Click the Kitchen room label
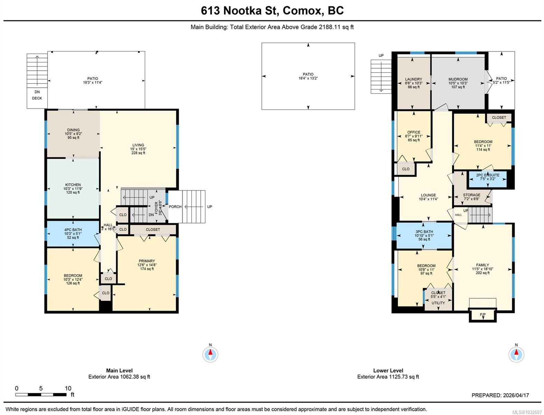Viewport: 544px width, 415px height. click(x=73, y=185)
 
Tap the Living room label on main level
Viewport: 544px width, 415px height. click(x=138, y=145)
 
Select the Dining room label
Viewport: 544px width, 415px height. click(x=73, y=130)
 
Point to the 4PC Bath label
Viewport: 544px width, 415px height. click(x=73, y=230)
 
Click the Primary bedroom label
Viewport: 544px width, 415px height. click(x=147, y=261)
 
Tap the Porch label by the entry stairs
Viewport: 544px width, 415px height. click(x=175, y=207)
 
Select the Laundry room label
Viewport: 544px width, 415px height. click(x=413, y=79)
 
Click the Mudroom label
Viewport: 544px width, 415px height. click(x=458, y=79)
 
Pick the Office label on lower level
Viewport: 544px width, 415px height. click(x=414, y=132)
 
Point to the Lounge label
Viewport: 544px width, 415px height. click(x=428, y=195)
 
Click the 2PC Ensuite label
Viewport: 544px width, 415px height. click(x=488, y=175)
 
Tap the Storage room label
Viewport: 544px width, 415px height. click(x=471, y=195)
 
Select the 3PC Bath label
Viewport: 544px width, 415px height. click(x=424, y=232)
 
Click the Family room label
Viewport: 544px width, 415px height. click(x=482, y=265)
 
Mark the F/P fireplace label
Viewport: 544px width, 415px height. click(x=482, y=315)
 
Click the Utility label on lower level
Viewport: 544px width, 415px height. click(x=438, y=303)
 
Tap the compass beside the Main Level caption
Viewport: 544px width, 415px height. click(x=210, y=354)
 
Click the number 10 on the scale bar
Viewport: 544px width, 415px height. click(x=68, y=388)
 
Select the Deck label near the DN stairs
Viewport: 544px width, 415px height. click(x=37, y=98)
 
